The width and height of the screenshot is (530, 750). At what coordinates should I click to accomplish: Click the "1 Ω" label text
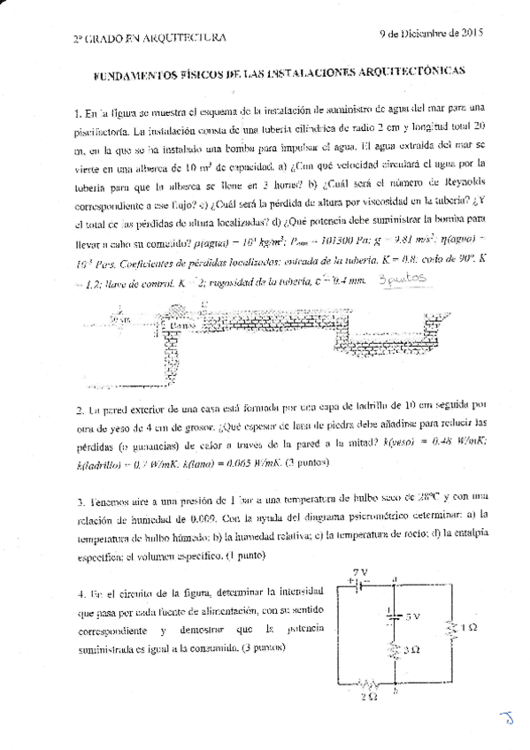coord(472,628)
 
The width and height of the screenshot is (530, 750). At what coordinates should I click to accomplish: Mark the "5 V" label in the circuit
coord(411,616)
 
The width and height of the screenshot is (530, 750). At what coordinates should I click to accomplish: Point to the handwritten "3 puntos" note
coord(402,278)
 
